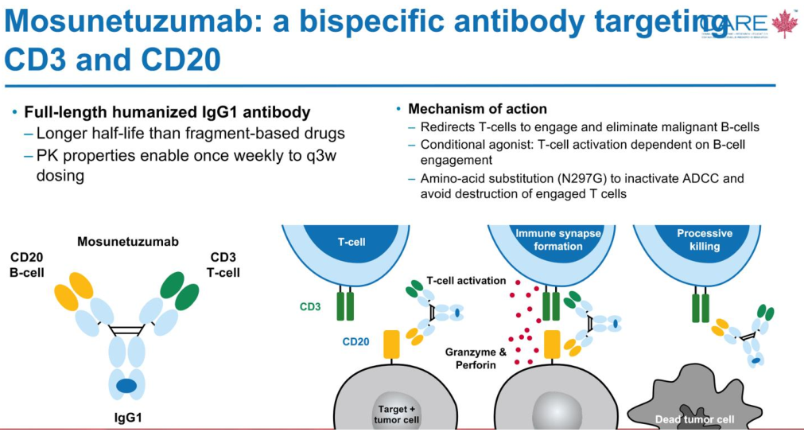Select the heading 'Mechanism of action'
point(477,109)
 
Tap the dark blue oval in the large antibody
point(126,386)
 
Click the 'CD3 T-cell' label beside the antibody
point(224,265)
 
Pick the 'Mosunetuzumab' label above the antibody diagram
point(127,240)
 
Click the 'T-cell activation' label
point(466,281)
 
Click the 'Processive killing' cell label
point(705,239)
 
